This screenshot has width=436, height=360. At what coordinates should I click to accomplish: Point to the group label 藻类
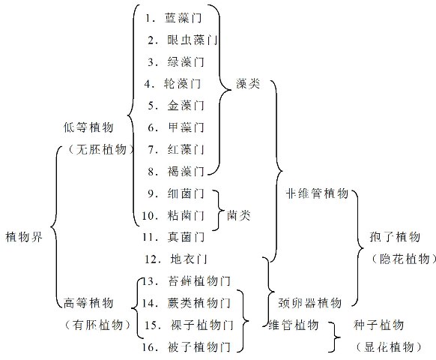(x=247, y=83)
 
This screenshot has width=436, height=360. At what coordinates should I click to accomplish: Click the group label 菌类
(x=238, y=215)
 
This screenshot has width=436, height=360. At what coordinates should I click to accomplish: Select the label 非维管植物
(x=317, y=193)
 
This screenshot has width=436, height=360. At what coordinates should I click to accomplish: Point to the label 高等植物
(x=88, y=303)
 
